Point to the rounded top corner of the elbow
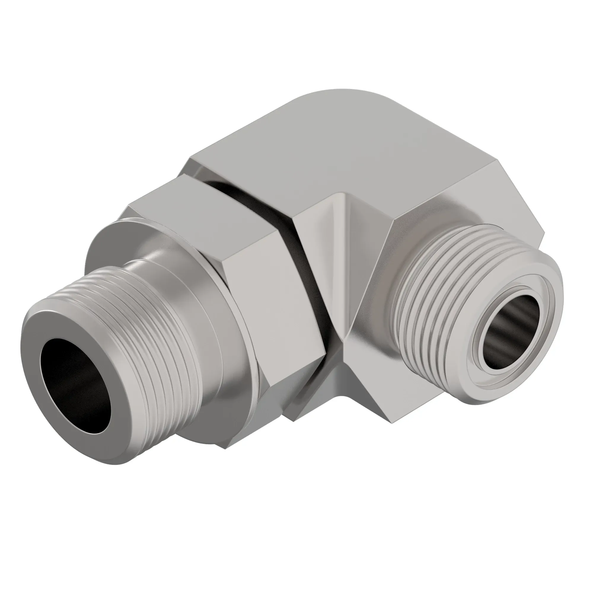[x=338, y=98]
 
